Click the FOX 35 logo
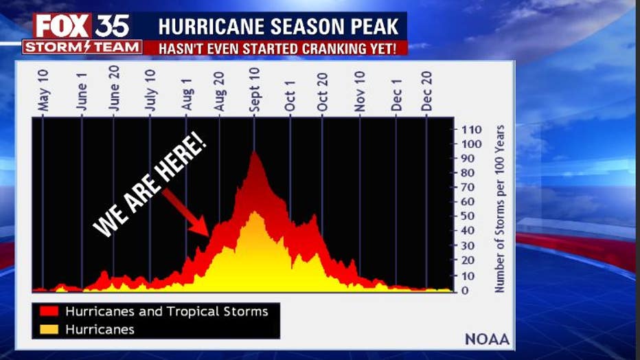point(81,26)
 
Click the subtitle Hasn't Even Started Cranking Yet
point(277,49)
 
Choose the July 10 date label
point(150,90)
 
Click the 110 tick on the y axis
point(472,129)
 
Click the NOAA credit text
point(487,339)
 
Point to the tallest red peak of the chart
point(255,153)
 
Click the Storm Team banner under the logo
point(82,47)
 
